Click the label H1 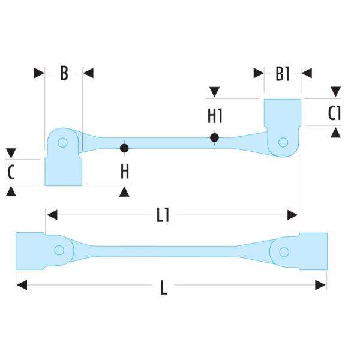(215, 115)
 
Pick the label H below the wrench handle (124, 172)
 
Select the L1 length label (163, 215)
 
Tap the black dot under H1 (215, 137)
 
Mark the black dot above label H (124, 148)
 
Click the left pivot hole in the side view (62, 143)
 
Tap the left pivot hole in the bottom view (59, 250)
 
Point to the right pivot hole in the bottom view (284, 251)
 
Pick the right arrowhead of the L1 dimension (293, 214)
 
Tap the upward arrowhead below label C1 (336, 132)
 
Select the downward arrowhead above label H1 (215, 92)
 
